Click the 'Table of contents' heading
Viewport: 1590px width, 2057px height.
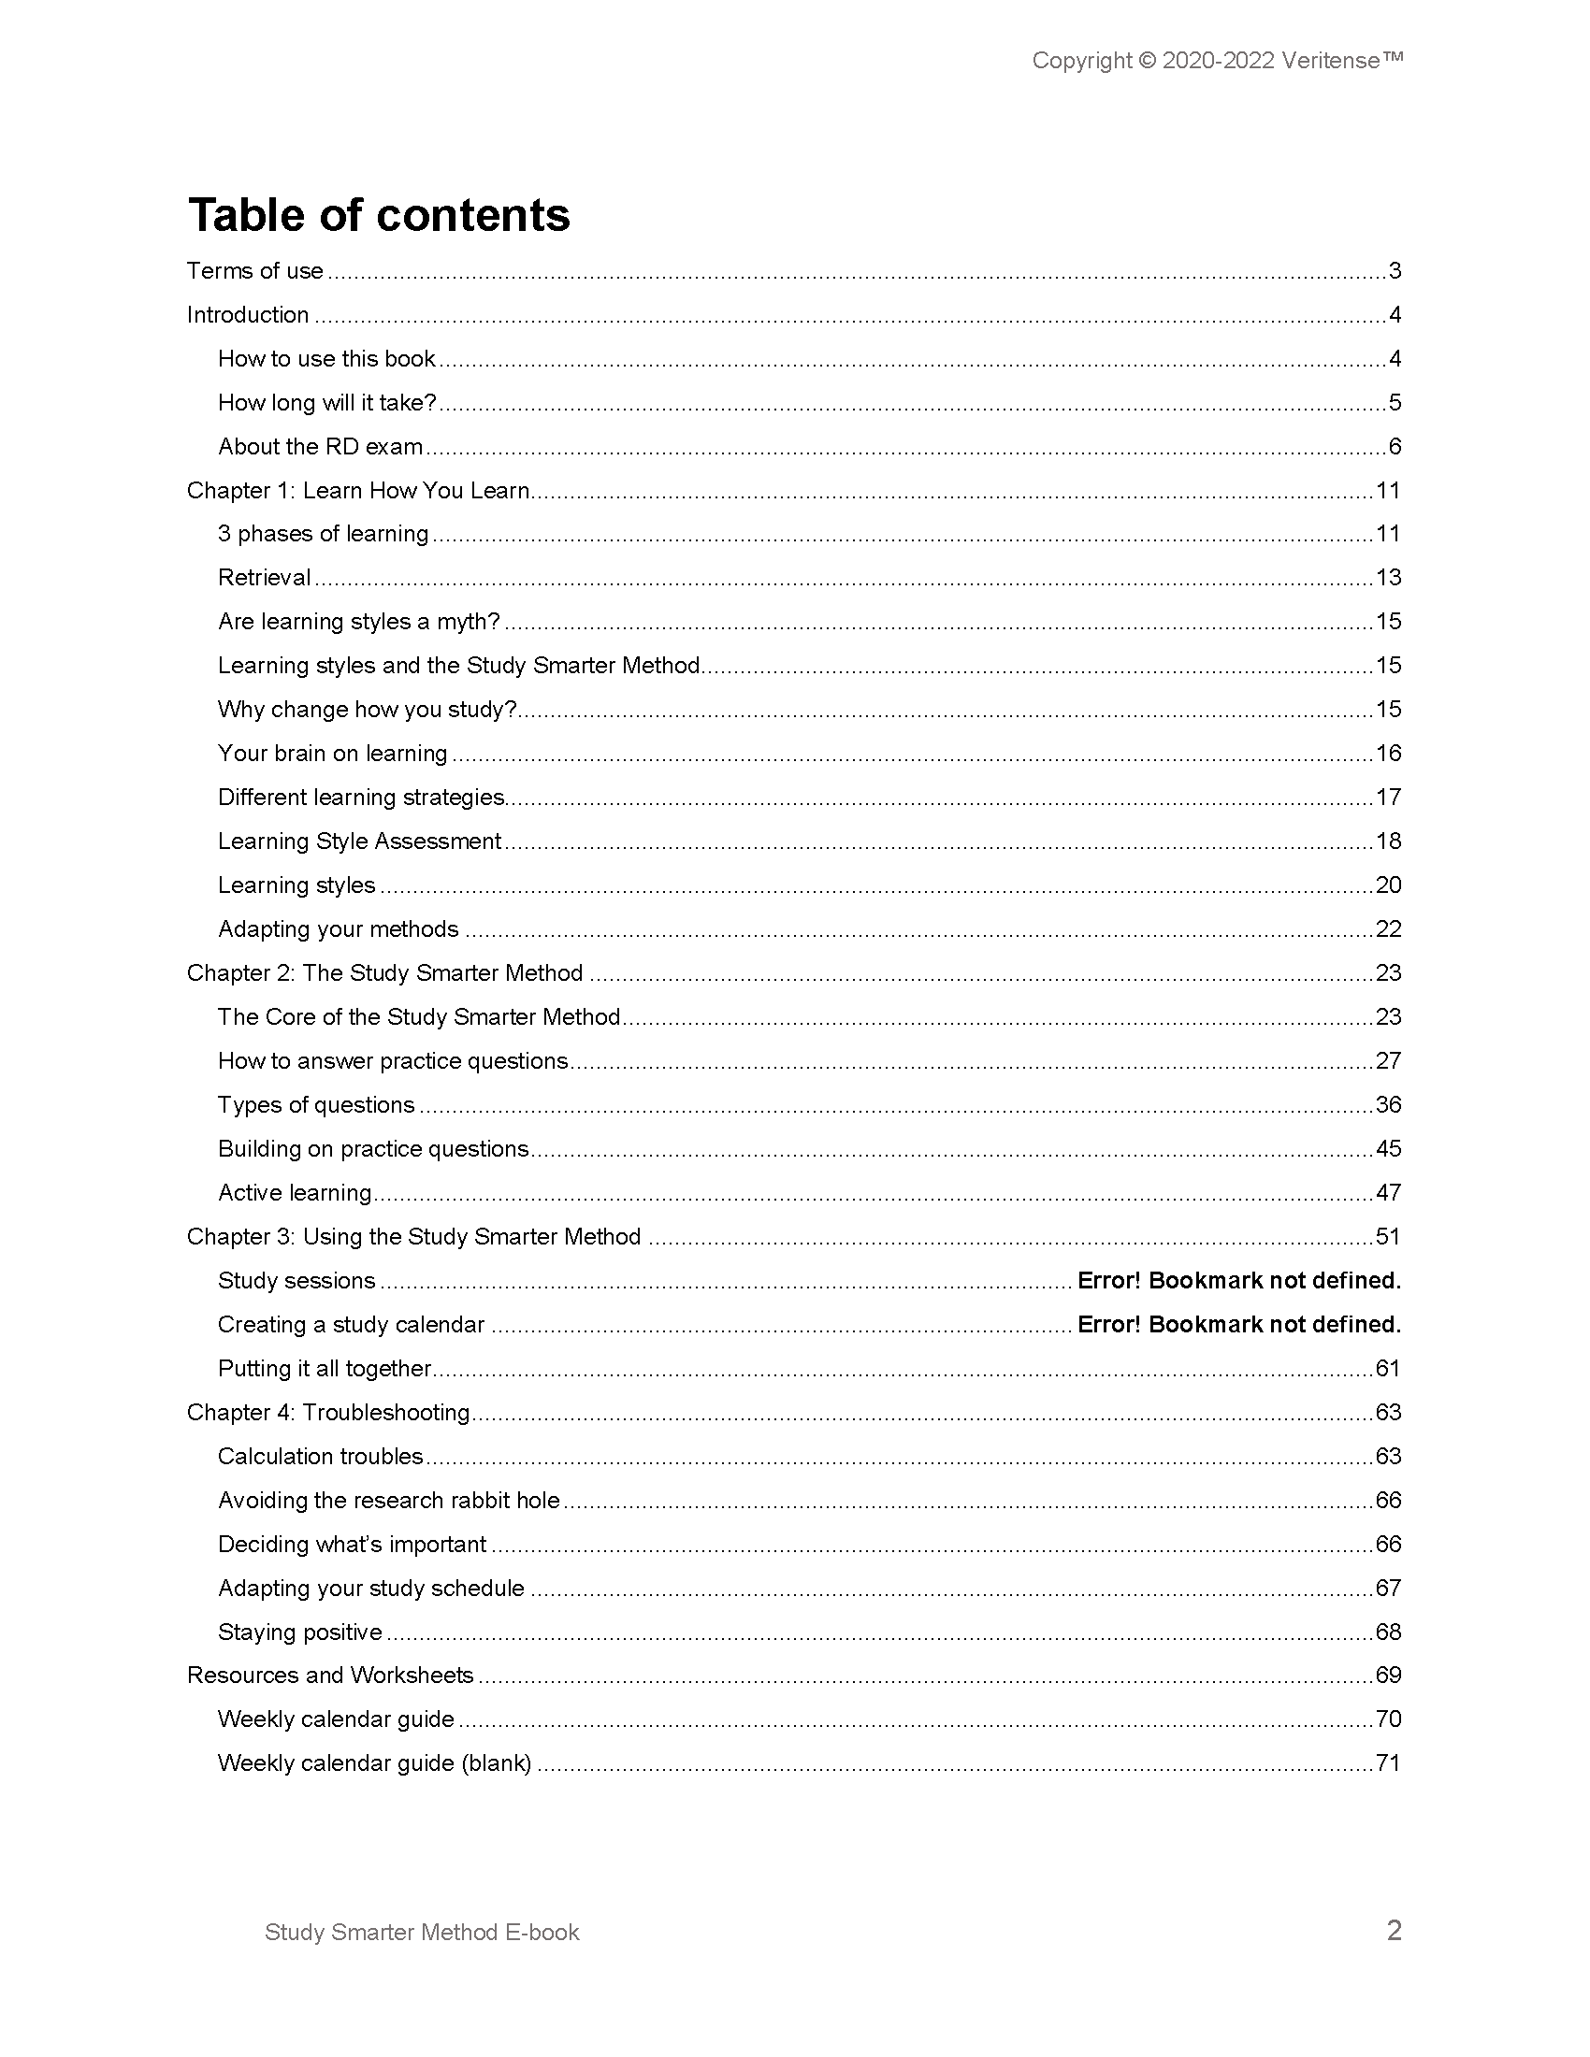click(x=379, y=215)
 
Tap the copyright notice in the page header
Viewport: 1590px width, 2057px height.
click(x=1217, y=61)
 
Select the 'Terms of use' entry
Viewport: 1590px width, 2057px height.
click(x=255, y=271)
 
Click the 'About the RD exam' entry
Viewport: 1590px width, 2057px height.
click(x=320, y=446)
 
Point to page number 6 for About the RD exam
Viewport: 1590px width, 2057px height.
click(x=1395, y=446)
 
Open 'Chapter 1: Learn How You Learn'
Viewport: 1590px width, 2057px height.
click(x=358, y=491)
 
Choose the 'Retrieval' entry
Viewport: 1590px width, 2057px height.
click(x=264, y=577)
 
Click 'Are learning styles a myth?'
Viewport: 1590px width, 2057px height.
click(x=359, y=622)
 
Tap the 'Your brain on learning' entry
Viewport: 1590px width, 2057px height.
click(x=333, y=754)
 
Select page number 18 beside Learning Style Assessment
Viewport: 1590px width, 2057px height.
click(x=1388, y=841)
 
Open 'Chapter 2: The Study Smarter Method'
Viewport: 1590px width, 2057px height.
click(x=384, y=973)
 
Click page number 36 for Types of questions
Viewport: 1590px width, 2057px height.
click(x=1388, y=1105)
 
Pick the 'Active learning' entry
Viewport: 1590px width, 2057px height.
click(x=295, y=1193)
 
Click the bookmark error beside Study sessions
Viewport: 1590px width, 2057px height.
click(x=1238, y=1281)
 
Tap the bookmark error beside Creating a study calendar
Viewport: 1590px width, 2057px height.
click(x=1238, y=1325)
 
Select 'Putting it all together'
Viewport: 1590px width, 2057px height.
click(x=324, y=1369)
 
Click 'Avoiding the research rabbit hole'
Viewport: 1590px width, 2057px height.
click(x=389, y=1501)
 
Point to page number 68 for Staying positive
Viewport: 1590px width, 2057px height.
click(x=1388, y=1633)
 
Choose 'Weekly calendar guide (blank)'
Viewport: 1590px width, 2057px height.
click(x=375, y=1763)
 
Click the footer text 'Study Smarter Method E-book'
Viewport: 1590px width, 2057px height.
click(x=422, y=1933)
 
